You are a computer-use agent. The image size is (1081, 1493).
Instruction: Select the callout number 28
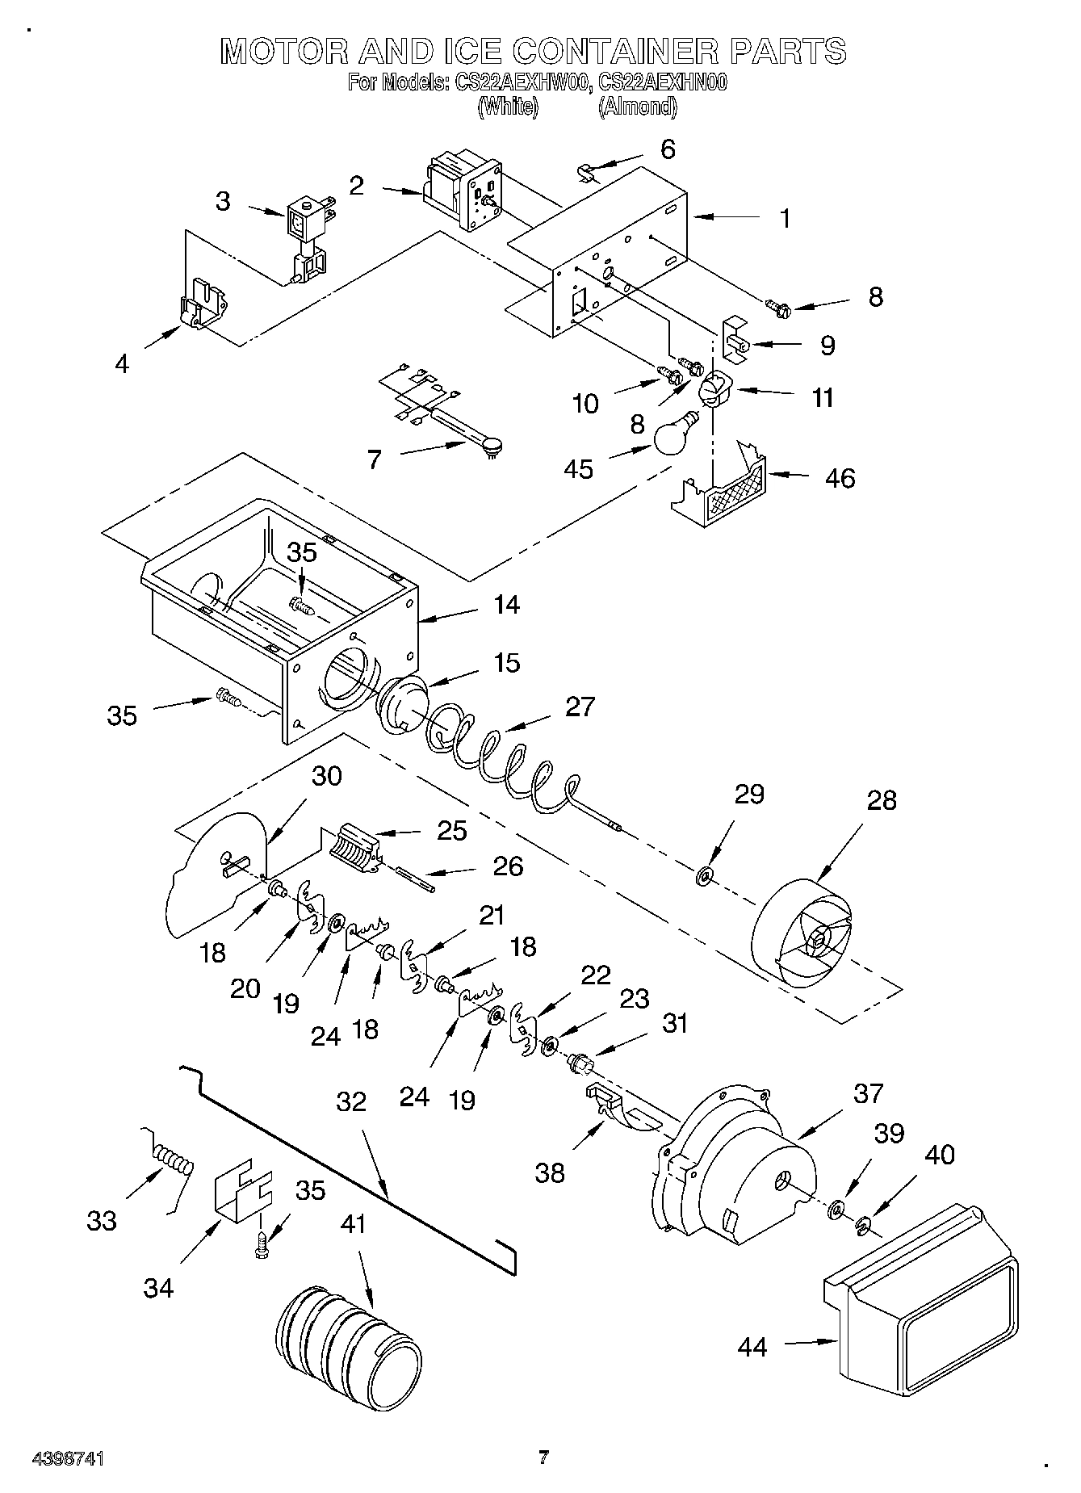tap(882, 800)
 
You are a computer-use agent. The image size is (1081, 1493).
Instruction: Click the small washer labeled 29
tap(704, 874)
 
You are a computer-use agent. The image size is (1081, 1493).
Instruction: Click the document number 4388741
tap(68, 1458)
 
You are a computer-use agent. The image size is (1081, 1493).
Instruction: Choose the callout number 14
tap(506, 604)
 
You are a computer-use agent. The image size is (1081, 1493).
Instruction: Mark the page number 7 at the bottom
tap(543, 1457)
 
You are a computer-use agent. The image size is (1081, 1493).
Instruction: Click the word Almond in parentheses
tap(637, 107)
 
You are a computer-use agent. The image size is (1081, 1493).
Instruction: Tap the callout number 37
tap(869, 1093)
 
